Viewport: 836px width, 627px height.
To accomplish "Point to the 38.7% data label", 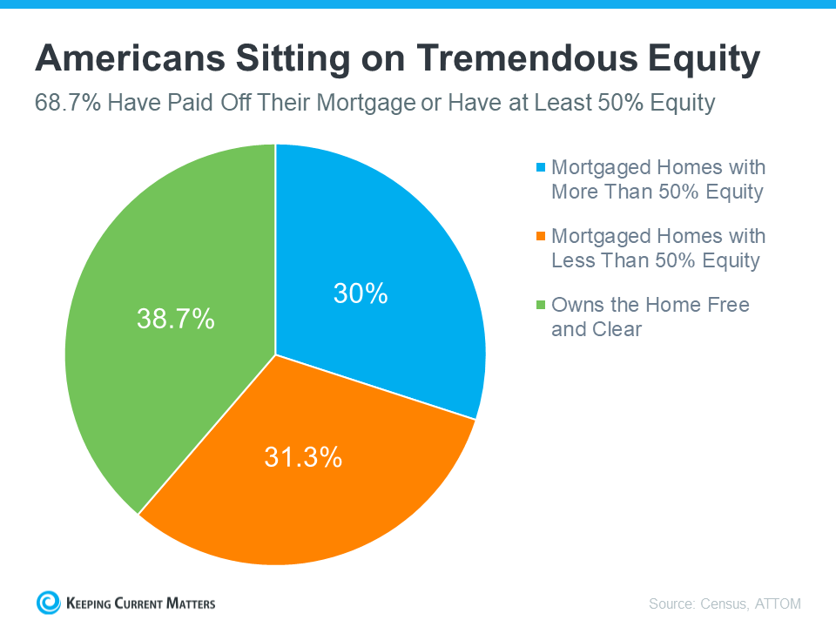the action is pos(175,319).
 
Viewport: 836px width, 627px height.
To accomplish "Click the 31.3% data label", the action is pos(303,457).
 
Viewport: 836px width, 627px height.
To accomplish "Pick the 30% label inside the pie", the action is pos(361,293).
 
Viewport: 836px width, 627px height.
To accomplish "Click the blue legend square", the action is pos(541,167).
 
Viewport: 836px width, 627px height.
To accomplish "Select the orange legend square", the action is pos(541,236).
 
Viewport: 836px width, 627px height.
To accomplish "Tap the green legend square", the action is pos(541,305).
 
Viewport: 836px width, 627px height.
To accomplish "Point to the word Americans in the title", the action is pos(130,57).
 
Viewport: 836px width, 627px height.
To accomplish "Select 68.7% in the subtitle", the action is pos(68,103).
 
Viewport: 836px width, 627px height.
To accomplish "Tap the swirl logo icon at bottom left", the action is pos(49,603).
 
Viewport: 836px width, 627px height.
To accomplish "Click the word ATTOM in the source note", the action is pos(778,603).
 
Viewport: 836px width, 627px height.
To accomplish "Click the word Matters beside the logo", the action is pos(191,603).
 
